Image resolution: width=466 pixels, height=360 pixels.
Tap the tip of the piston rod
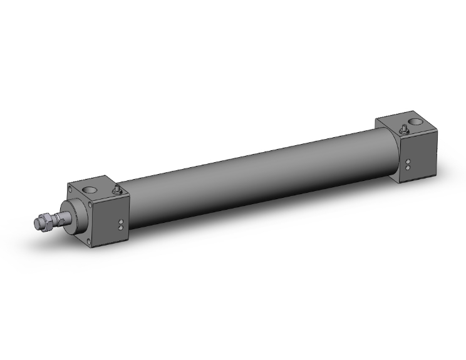(36, 224)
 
